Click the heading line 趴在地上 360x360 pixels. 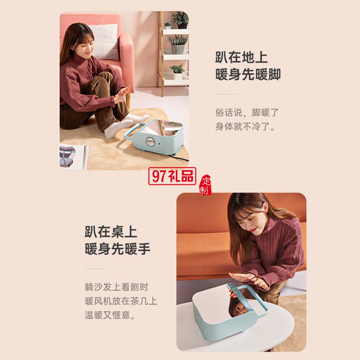pyautogui.click(x=241, y=57)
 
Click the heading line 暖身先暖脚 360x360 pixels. pyautogui.click(x=248, y=74)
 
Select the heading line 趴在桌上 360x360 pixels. pyautogui.click(x=111, y=232)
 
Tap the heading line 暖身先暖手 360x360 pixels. pyautogui.click(x=118, y=249)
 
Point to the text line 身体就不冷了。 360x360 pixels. pyautogui.click(x=245, y=126)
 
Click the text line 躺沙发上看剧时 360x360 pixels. pyautogui.click(x=117, y=287)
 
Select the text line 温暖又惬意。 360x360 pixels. pyautogui.click(x=110, y=315)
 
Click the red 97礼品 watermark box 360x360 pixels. pyautogui.click(x=172, y=176)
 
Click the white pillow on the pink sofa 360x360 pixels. pyautogui.click(x=104, y=42)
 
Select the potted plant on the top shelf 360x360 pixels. pyautogui.click(x=180, y=20)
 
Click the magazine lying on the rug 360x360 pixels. pyautogui.click(x=73, y=157)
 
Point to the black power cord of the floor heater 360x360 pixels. pyautogui.click(x=179, y=158)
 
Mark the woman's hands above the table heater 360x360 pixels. pyautogui.click(x=250, y=279)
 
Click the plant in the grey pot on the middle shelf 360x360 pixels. pyautogui.click(x=178, y=44)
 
